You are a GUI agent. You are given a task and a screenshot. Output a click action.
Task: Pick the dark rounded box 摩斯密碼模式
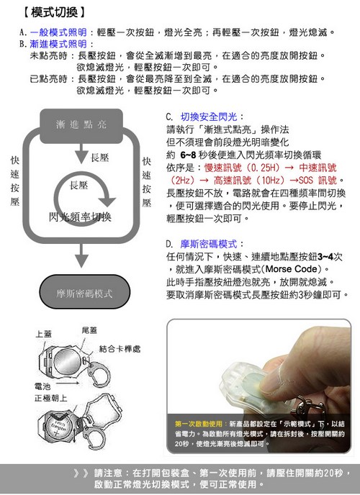pos(84,294)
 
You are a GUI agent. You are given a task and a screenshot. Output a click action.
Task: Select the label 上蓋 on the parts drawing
pos(45,335)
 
